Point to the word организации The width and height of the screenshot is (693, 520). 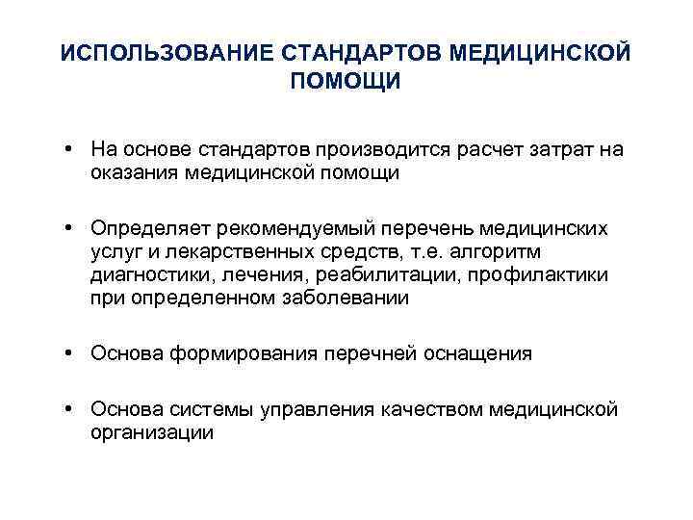[x=152, y=432]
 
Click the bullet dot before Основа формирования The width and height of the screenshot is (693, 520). [x=71, y=353]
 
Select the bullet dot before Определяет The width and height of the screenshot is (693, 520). [x=71, y=229]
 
